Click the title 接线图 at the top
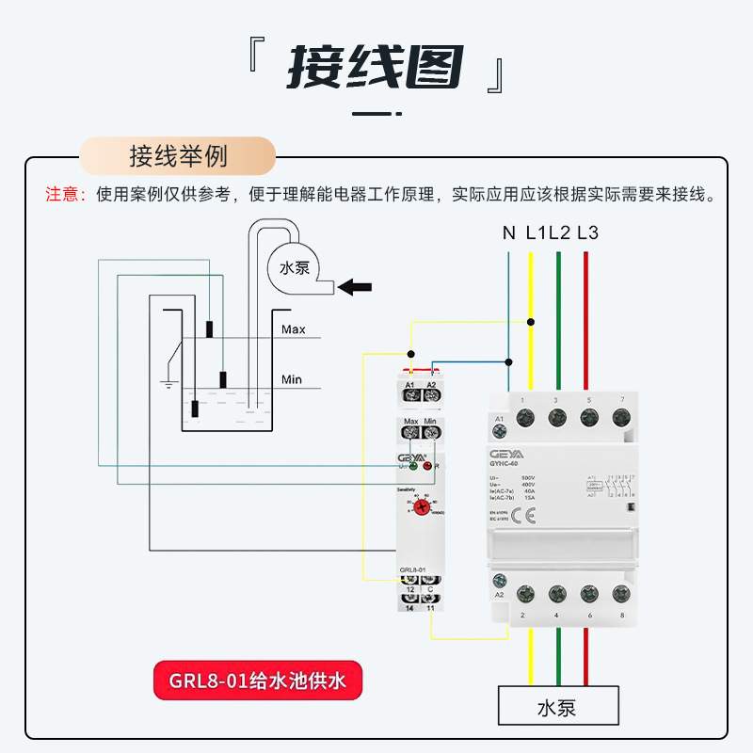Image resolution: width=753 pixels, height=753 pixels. point(376,68)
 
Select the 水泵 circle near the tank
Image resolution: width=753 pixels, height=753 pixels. point(295,267)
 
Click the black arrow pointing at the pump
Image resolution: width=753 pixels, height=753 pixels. point(355,286)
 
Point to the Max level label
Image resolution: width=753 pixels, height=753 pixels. point(294,329)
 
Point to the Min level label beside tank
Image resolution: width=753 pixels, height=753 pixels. point(292,379)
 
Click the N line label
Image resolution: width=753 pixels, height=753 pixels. point(508,232)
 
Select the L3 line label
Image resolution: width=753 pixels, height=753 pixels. point(586,232)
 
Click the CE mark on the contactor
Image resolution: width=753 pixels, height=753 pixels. point(531,515)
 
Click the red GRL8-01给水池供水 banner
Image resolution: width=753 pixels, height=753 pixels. point(257,682)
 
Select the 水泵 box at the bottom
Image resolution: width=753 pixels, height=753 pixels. point(558,707)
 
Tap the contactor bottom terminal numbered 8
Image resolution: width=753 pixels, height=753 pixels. point(620,594)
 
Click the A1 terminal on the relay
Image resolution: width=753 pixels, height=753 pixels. point(410,395)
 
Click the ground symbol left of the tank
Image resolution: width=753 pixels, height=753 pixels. point(168,383)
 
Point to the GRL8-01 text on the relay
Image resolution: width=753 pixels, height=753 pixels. point(413,570)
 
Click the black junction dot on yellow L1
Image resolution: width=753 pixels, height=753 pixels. point(531,322)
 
